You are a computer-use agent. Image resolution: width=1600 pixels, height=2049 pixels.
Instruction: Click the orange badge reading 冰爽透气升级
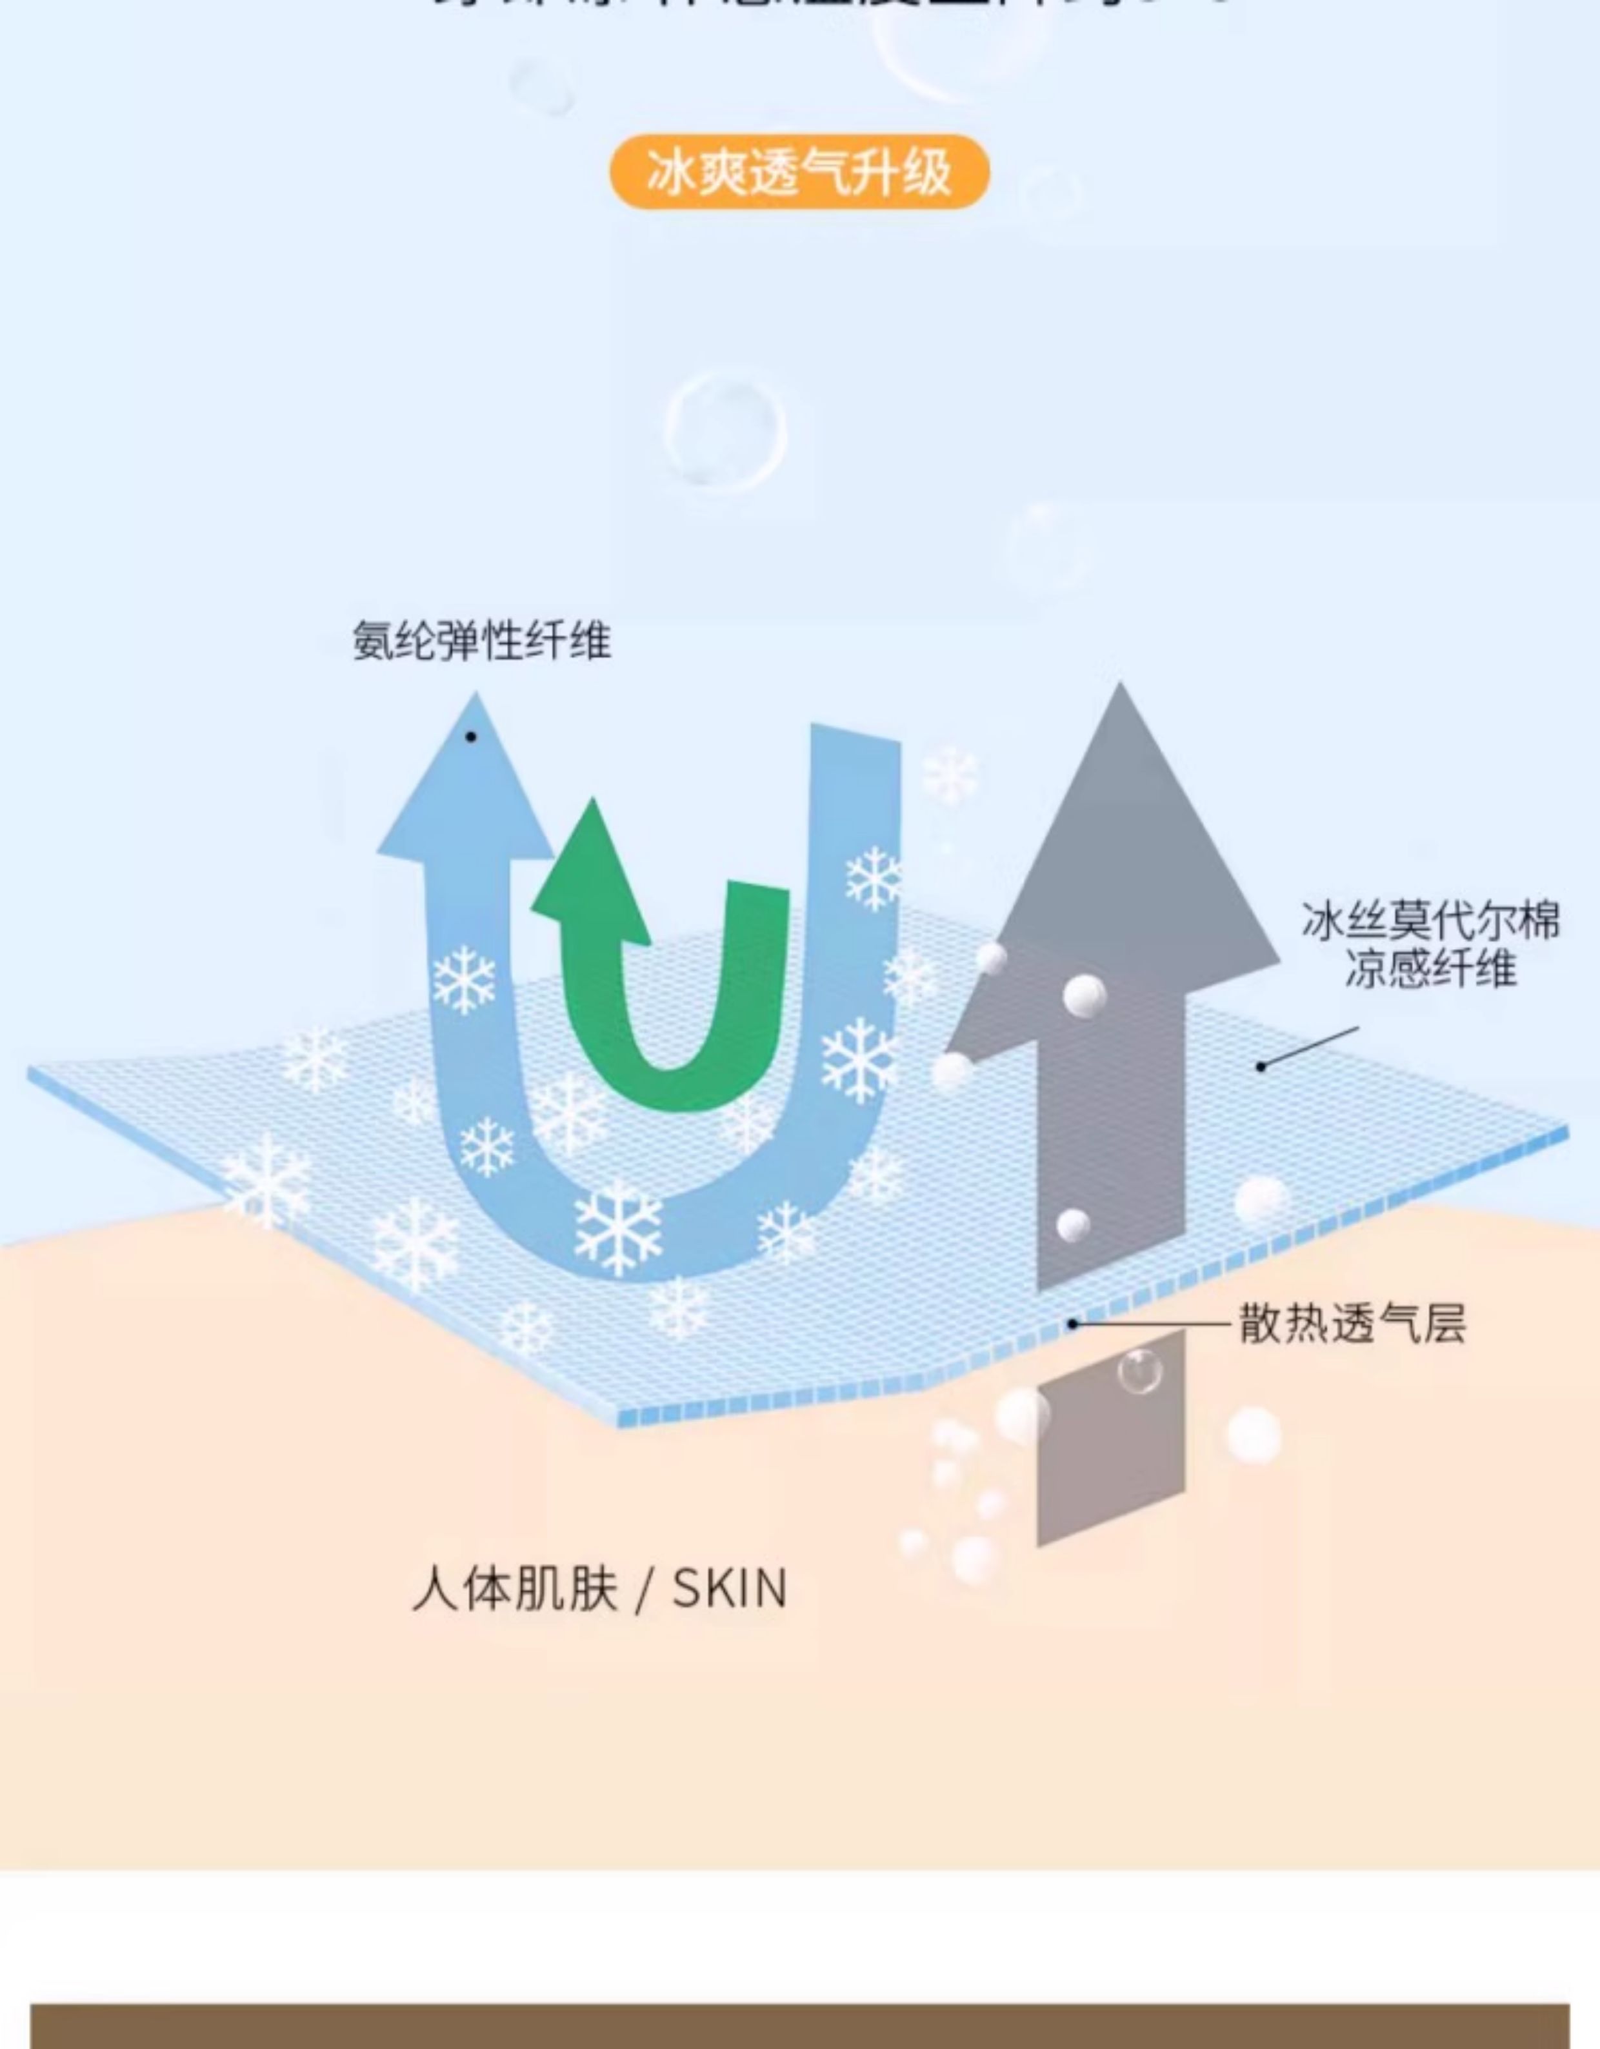pos(799,172)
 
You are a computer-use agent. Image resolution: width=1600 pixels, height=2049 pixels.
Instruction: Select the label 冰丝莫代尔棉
pos(1430,921)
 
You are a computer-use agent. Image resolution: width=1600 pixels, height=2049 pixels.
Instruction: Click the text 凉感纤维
pos(1430,968)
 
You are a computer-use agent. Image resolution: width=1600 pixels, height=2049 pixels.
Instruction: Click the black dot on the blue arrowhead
pos(471,737)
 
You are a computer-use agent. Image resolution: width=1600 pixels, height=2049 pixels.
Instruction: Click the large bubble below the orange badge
pos(725,432)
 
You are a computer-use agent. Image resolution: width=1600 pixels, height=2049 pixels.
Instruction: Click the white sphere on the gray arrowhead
pos(1085,994)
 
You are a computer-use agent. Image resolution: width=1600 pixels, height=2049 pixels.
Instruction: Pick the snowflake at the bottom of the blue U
pos(617,1229)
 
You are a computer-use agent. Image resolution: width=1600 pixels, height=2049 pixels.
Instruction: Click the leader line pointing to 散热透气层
pos(1154,1324)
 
